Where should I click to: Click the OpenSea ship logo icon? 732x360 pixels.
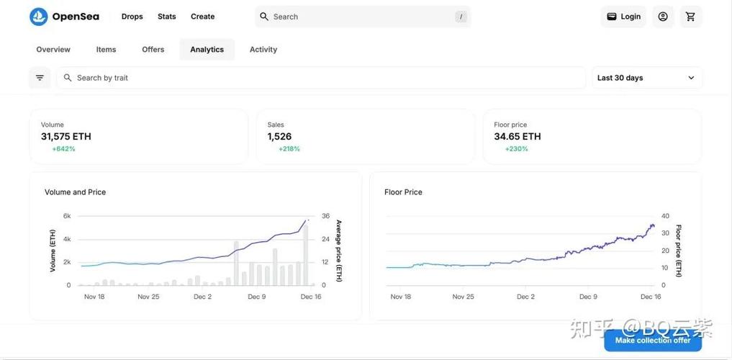(x=39, y=17)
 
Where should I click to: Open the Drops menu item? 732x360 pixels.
(x=132, y=17)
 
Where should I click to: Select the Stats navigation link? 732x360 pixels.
(x=167, y=17)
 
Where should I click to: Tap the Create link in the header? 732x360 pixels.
(x=202, y=17)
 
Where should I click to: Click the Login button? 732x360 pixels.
(x=623, y=17)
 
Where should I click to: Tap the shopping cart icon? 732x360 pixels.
(x=690, y=17)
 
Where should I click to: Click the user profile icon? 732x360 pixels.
(x=663, y=17)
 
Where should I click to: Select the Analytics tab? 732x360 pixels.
(x=207, y=50)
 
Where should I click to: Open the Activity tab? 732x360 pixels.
(x=263, y=50)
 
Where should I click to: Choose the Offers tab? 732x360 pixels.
(x=153, y=50)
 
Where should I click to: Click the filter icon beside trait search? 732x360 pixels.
(x=40, y=78)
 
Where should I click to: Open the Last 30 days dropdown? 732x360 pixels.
(x=646, y=78)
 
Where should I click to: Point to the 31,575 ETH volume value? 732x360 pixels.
(x=65, y=137)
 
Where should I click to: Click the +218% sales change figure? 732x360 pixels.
(x=289, y=149)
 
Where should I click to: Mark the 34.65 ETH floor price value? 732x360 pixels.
(x=518, y=137)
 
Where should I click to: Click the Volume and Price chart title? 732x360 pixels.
(x=75, y=192)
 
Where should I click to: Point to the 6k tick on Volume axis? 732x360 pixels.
(x=67, y=216)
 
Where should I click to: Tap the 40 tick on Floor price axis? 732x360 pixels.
(x=666, y=216)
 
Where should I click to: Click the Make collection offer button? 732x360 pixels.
(x=653, y=341)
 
